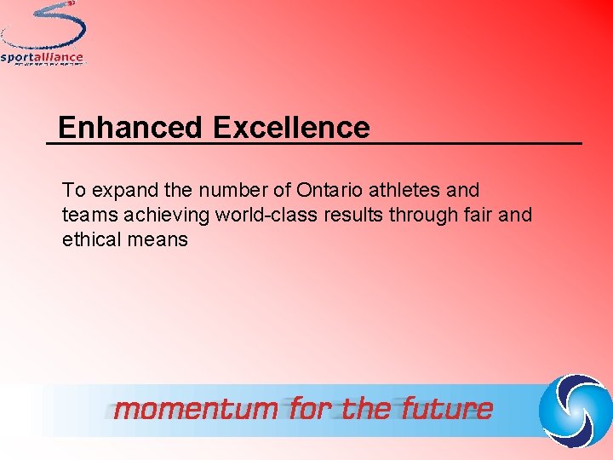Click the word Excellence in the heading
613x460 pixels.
click(291, 128)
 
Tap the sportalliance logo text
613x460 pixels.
click(43, 58)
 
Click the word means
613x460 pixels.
click(158, 239)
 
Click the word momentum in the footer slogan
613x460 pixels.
click(196, 410)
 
